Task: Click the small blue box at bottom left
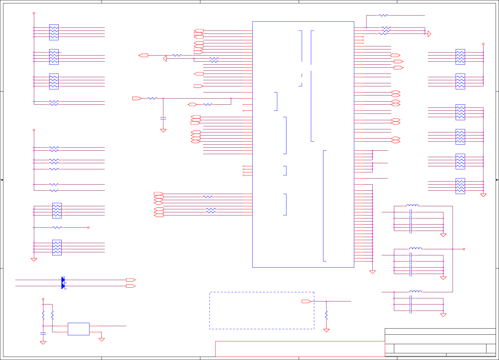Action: point(78,329)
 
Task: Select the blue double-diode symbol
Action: point(63,283)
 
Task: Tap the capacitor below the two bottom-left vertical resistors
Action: point(43,333)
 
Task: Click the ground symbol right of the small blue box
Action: point(102,339)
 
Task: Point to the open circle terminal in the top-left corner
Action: point(34,13)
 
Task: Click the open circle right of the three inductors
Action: point(464,249)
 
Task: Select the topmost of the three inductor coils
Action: point(413,206)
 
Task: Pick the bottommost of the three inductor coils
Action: point(416,291)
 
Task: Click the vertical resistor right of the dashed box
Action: point(326,315)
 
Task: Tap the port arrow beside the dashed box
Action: point(306,301)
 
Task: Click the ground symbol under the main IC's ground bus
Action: point(373,272)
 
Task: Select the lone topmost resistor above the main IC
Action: point(383,15)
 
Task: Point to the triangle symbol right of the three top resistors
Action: point(429,34)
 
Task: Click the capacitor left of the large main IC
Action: point(163,118)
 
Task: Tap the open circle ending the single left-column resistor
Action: point(88,227)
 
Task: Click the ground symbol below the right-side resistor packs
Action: point(483,195)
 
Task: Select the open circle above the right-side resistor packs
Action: point(483,44)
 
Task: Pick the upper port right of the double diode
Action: point(131,280)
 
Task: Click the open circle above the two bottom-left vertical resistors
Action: point(43,299)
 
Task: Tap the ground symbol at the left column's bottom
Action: point(34,260)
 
